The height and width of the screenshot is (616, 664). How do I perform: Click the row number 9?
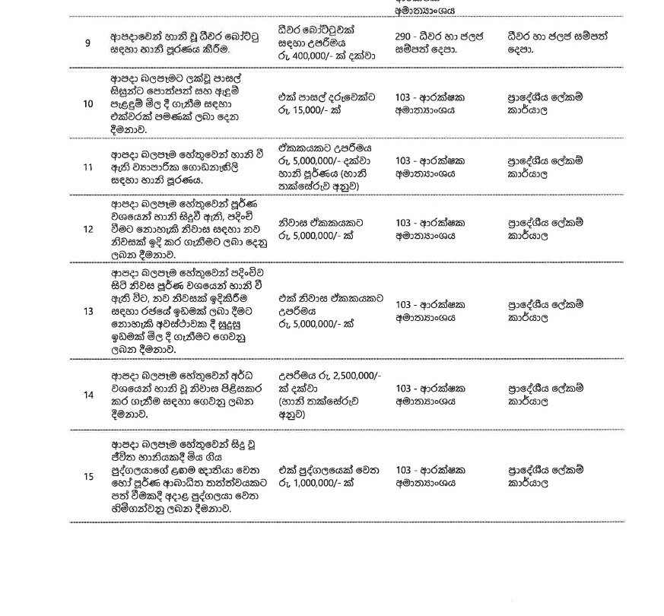pos(87,43)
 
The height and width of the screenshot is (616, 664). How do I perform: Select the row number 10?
pos(88,103)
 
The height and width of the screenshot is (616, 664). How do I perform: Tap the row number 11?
pos(88,167)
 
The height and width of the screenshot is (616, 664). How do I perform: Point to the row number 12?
pos(88,229)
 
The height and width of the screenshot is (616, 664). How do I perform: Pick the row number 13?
pos(88,311)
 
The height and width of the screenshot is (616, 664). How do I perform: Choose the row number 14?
pos(88,395)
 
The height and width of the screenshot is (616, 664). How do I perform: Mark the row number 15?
pos(88,477)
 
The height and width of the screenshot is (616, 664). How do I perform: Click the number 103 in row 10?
pos(405,97)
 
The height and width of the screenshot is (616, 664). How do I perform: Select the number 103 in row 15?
pos(405,470)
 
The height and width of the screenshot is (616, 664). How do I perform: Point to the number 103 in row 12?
pos(405,223)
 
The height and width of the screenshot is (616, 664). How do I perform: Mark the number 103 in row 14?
pos(405,388)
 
